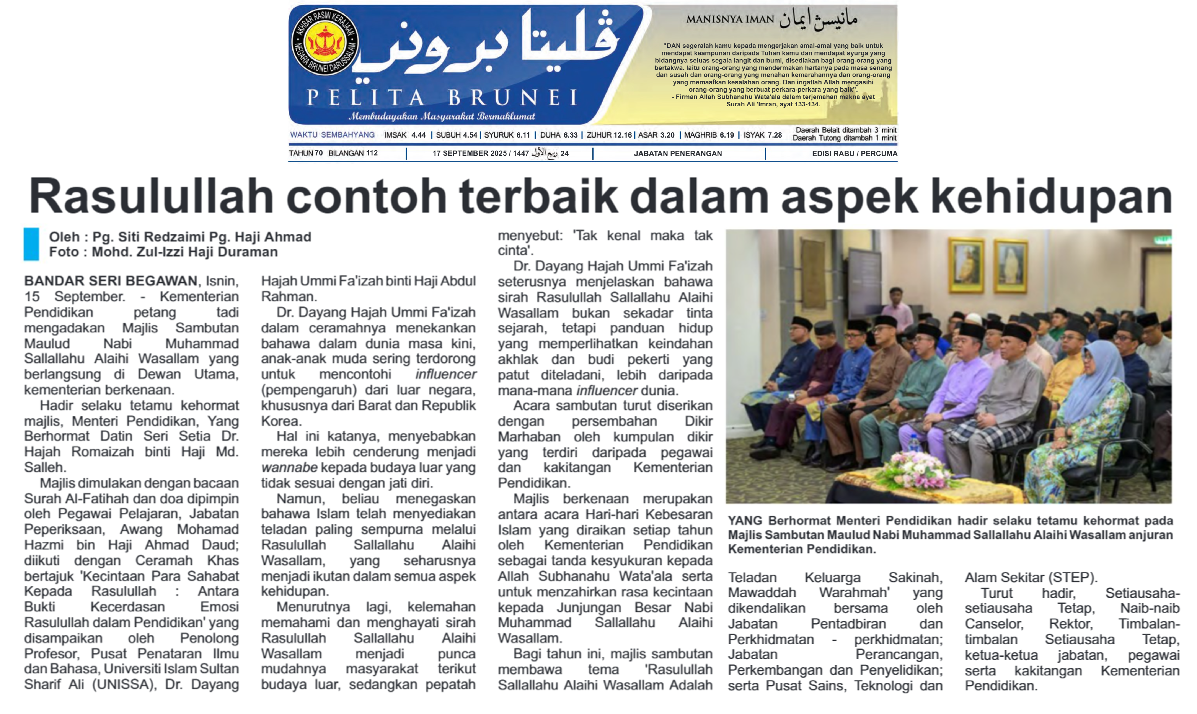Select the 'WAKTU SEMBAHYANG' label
coord(332,135)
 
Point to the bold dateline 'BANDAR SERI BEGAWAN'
coord(111,281)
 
